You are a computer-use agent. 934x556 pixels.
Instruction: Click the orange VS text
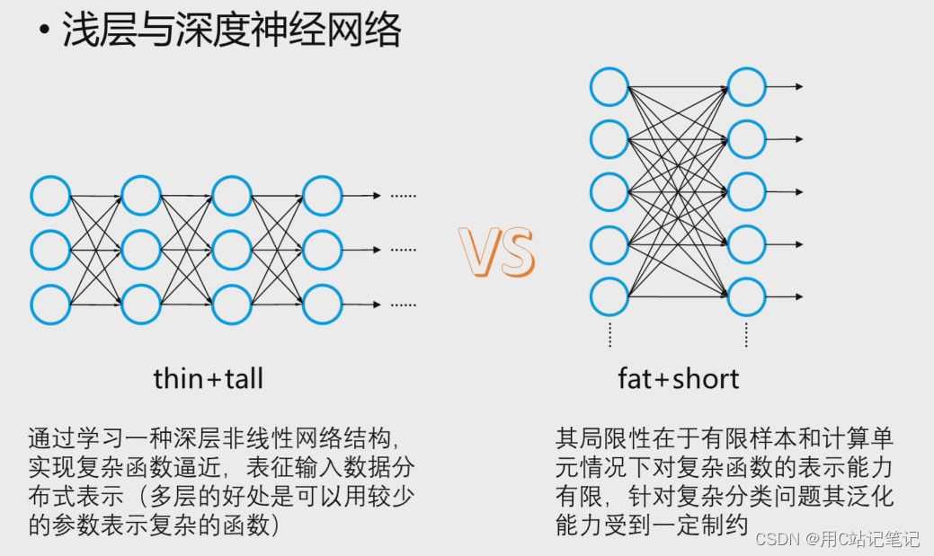(x=496, y=252)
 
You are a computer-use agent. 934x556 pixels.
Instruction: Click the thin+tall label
(x=208, y=378)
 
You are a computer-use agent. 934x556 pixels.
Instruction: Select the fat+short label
(x=678, y=378)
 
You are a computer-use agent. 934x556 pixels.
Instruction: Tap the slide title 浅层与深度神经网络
(x=231, y=31)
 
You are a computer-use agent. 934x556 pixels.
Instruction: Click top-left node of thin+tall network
(x=50, y=196)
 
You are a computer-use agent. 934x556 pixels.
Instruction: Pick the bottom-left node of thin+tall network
(x=50, y=304)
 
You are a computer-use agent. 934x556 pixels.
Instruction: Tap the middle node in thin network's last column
(x=322, y=250)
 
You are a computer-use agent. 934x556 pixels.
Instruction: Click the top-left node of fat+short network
(x=609, y=87)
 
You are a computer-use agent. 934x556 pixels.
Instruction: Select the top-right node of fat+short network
(x=746, y=87)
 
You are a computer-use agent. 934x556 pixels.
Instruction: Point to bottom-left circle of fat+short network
(x=609, y=296)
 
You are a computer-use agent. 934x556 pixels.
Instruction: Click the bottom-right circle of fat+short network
(x=746, y=296)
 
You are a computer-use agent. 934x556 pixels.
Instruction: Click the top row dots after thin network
(x=403, y=196)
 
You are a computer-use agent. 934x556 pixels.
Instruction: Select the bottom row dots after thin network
(x=403, y=304)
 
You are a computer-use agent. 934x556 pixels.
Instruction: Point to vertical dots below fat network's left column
(x=609, y=334)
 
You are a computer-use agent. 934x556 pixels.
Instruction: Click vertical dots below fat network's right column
(x=746, y=334)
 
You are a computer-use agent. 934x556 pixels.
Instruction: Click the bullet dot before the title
(x=43, y=32)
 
